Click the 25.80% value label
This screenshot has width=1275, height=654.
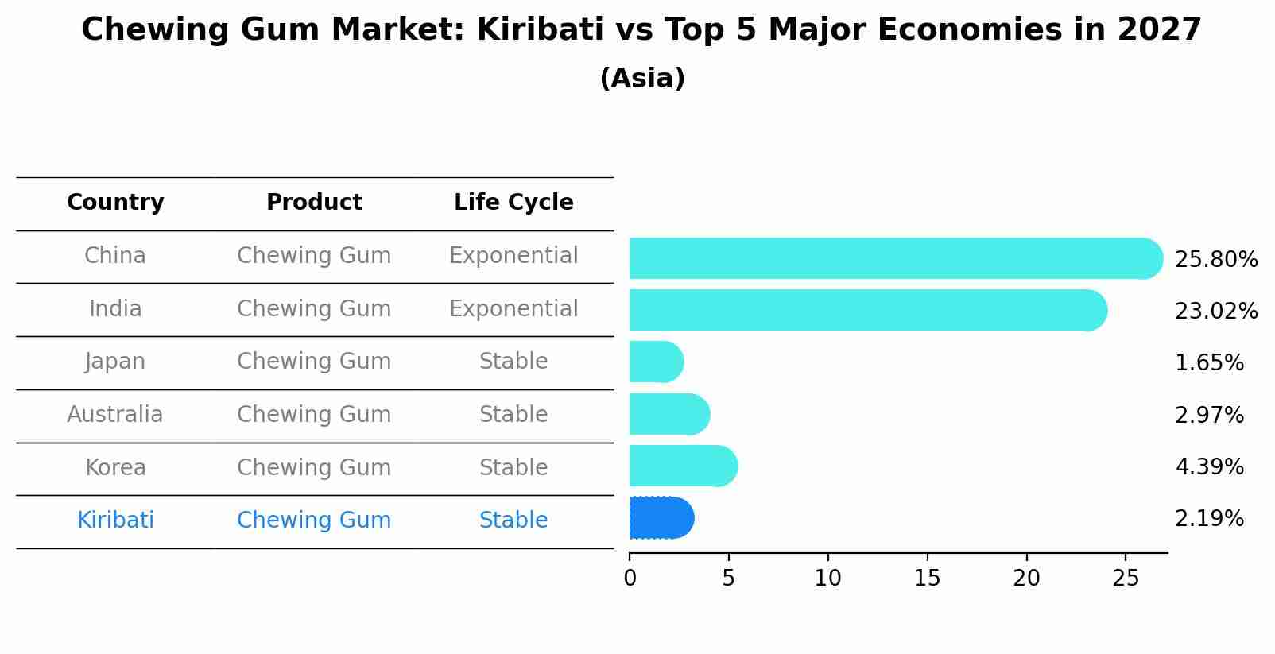[x=1215, y=260]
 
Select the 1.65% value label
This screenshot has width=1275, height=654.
[x=1208, y=363]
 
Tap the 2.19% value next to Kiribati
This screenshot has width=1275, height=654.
[x=1208, y=519]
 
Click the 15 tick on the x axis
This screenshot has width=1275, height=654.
[x=927, y=579]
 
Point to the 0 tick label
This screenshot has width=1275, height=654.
[x=630, y=579]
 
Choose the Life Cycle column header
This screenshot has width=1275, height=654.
[x=513, y=203]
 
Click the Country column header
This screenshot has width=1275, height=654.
[x=115, y=203]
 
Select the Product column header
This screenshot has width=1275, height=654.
[x=314, y=203]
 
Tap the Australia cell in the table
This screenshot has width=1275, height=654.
[x=115, y=415]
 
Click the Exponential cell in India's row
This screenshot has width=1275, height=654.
[x=513, y=309]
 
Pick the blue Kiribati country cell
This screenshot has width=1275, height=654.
[x=115, y=520]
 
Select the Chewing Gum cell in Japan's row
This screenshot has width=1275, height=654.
[x=314, y=362]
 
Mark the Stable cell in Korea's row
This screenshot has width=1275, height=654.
[x=513, y=468]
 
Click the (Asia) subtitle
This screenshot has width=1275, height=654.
[x=642, y=79]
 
